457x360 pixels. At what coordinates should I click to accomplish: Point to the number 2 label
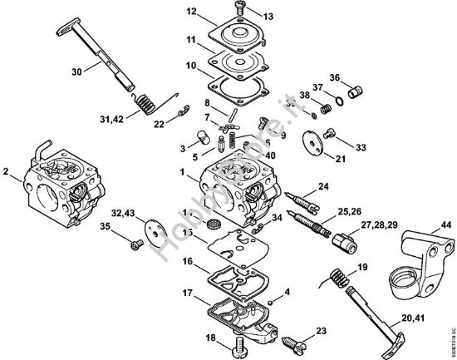click(x=7, y=173)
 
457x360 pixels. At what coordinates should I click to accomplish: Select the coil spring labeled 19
click(x=336, y=279)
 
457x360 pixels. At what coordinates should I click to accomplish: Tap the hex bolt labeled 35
click(x=135, y=244)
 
